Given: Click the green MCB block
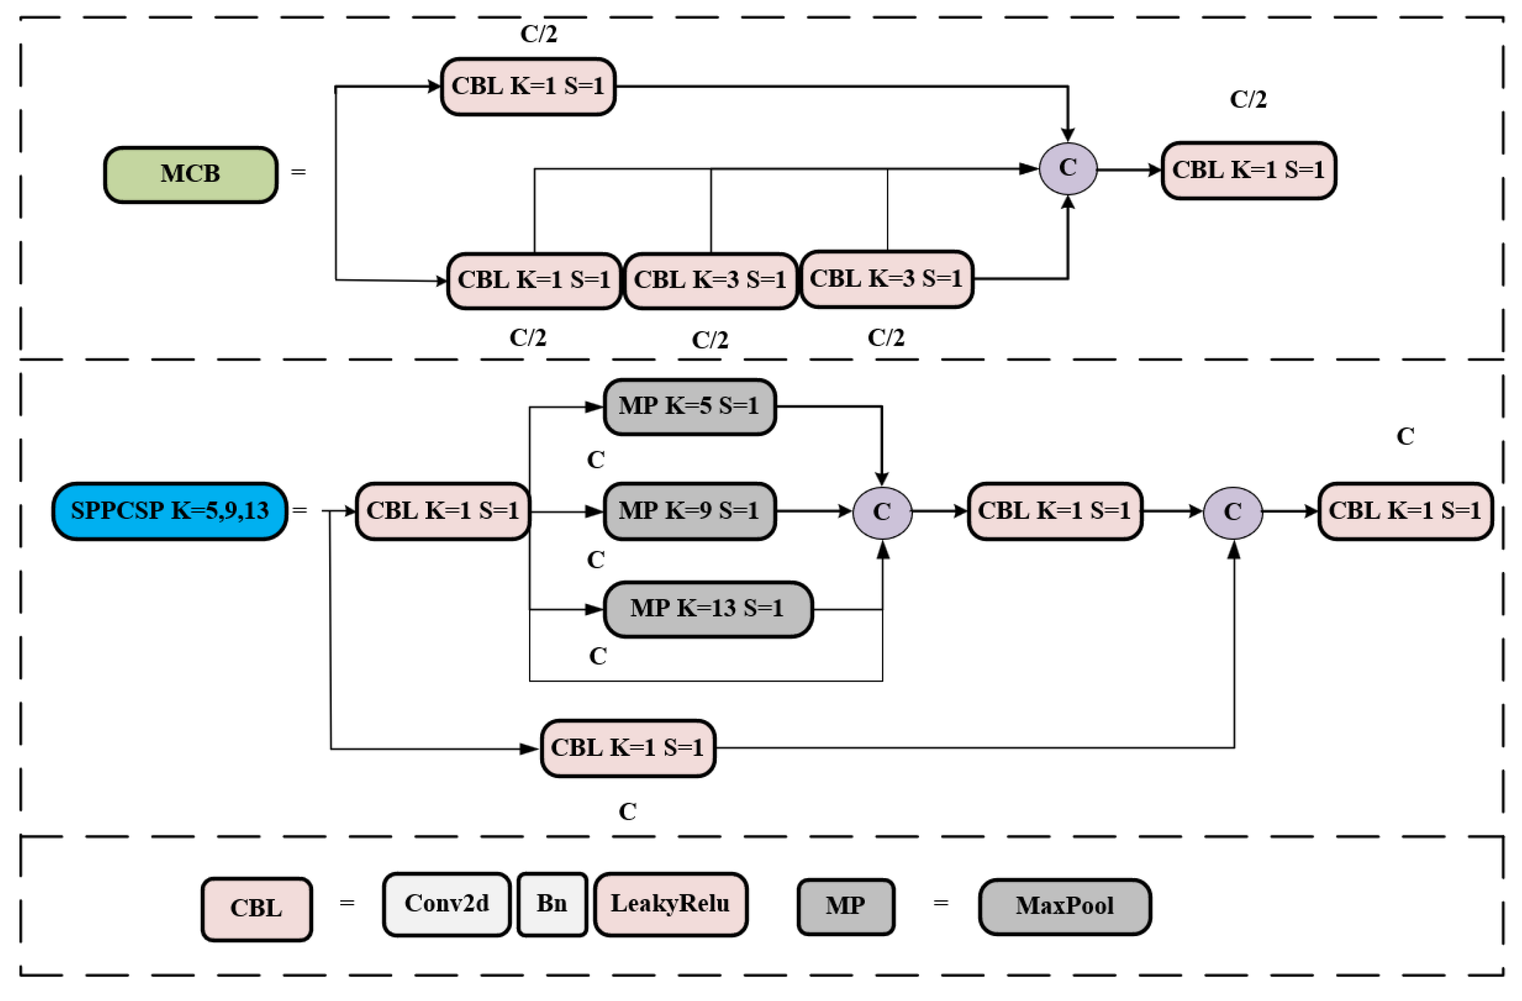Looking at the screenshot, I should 191,174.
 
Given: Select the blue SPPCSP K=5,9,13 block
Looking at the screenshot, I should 170,511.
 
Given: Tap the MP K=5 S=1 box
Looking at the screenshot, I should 689,407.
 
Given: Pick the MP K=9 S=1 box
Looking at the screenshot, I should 689,511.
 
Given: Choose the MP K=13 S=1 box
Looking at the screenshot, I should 707,609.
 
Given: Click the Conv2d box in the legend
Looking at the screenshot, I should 446,905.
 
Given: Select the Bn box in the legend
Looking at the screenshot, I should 552,905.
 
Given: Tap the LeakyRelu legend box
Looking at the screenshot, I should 670,905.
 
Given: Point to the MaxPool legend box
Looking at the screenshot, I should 1064,906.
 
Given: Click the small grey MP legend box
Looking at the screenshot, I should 845,906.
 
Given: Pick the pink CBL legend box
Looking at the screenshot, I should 257,909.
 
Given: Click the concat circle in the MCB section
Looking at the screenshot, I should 1067,169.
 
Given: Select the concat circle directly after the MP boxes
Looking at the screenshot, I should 882,512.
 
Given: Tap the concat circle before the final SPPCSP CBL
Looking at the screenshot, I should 1232,512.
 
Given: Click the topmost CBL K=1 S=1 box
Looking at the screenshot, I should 528,86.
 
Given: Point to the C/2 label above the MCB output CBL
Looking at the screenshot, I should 1247,100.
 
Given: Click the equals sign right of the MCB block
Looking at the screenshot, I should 298,172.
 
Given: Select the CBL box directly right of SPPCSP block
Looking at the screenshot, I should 443,511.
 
